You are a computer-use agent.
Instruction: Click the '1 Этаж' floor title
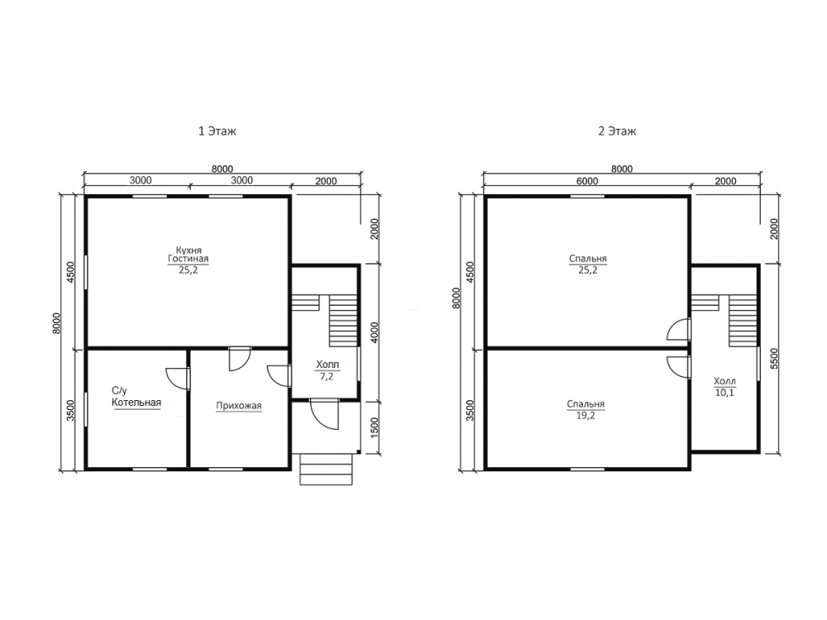217,131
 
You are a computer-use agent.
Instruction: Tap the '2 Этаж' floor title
617,131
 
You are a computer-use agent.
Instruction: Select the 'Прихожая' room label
239,405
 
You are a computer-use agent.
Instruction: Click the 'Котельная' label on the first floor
136,403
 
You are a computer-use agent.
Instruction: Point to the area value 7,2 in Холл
327,376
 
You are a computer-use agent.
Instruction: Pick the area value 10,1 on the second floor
724,392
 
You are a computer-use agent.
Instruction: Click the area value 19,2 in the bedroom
586,416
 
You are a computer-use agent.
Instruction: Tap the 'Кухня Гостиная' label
189,254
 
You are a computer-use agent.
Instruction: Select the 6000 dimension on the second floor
587,181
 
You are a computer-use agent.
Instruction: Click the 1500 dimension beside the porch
375,427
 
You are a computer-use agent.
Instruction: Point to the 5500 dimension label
774,359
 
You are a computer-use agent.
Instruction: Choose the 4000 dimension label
375,332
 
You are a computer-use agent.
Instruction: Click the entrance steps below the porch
326,469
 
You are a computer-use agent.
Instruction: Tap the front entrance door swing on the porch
324,414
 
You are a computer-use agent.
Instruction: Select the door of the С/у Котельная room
179,378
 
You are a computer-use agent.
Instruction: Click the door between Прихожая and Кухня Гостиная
240,359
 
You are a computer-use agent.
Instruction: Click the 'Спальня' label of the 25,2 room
587,258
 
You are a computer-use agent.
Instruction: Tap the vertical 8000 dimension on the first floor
56,323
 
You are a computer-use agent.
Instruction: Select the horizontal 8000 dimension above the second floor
622,169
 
